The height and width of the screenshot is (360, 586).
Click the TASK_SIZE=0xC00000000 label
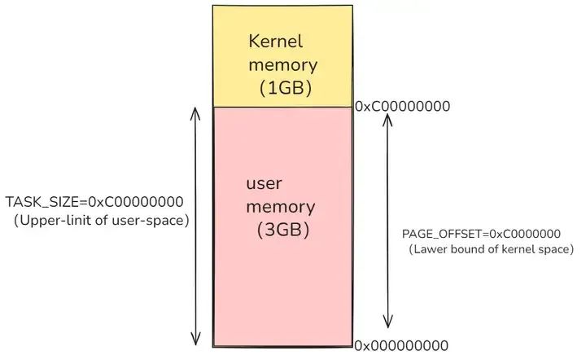(x=94, y=202)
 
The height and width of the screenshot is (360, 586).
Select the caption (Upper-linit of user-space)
(x=101, y=220)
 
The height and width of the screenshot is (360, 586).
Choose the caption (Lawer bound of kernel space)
(x=491, y=249)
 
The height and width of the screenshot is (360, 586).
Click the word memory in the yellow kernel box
(x=283, y=64)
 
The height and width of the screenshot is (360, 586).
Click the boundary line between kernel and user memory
(x=282, y=107)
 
